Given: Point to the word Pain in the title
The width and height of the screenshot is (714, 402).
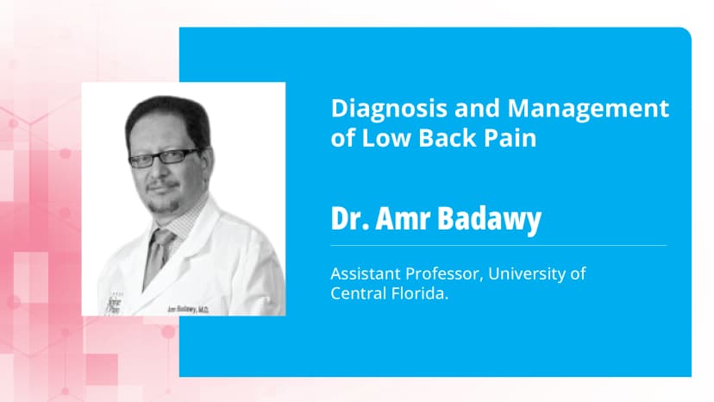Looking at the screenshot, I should pyautogui.click(x=512, y=138).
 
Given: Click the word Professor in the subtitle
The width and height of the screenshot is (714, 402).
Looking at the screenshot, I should pyautogui.click(x=449, y=273).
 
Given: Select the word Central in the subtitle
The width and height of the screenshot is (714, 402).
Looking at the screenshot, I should pyautogui.click(x=355, y=292).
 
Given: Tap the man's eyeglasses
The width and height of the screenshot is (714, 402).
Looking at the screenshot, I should pyautogui.click(x=165, y=158).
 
